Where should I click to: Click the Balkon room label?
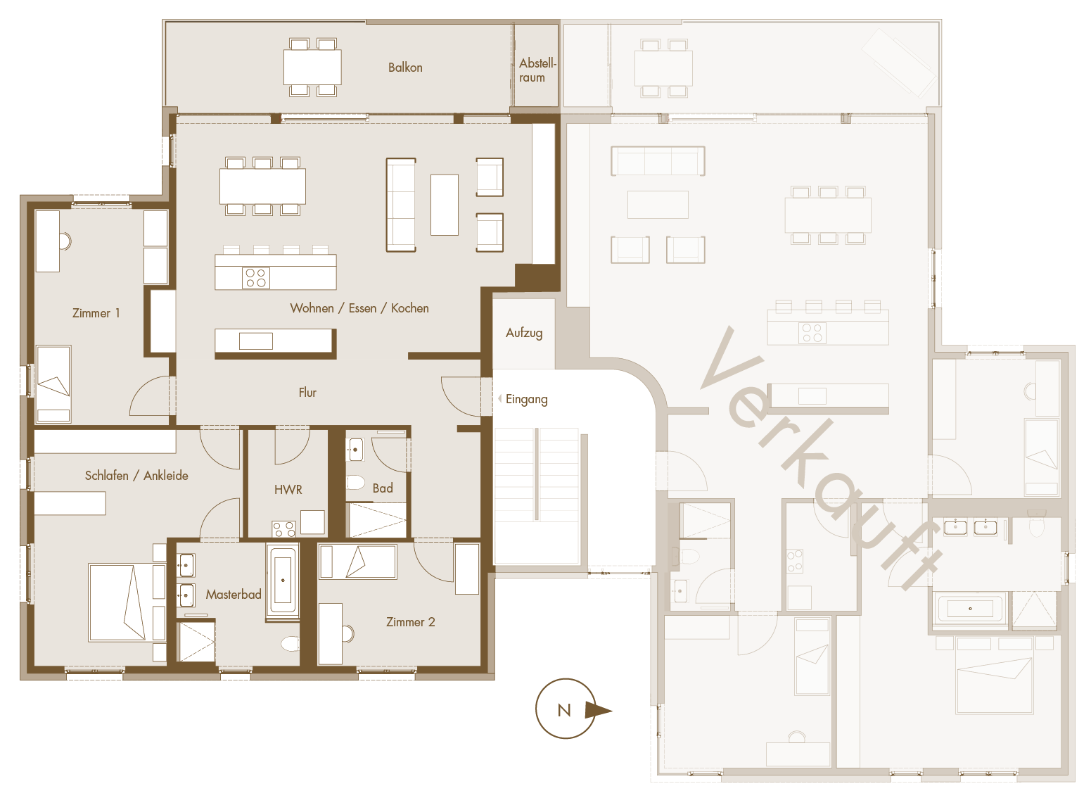coord(405,68)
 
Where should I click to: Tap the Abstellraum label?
coord(537,70)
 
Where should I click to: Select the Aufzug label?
coord(524,333)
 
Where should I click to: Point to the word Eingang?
coord(526,400)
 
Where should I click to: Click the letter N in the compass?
coord(564,710)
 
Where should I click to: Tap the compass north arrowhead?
coord(599,710)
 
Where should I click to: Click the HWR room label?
coord(288,490)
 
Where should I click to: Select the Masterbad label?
coord(234,595)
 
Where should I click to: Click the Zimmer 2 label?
coord(411,622)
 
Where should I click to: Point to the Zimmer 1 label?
coord(96,312)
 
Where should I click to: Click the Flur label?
coord(307,393)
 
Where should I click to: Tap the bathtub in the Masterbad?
coord(283,581)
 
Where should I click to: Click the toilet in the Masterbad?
coord(291,644)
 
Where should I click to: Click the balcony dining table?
coord(313,68)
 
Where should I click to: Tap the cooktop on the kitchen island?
coord(256,278)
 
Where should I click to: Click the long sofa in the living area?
coord(401,205)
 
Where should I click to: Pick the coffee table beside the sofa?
coord(444,205)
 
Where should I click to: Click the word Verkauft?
coord(821,458)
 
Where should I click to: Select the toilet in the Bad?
coord(355,482)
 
